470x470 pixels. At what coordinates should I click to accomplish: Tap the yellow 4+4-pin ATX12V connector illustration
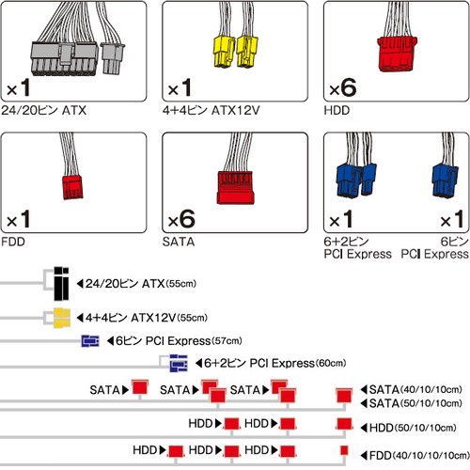(236, 52)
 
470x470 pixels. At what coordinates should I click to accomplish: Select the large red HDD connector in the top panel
(397, 55)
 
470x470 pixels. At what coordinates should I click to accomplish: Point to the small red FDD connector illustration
(72, 187)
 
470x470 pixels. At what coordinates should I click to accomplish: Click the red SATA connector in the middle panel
(235, 188)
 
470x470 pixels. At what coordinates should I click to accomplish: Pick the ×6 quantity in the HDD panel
(343, 87)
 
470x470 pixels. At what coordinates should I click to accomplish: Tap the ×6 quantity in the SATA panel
(181, 219)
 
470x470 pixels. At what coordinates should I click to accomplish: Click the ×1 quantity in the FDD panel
(19, 219)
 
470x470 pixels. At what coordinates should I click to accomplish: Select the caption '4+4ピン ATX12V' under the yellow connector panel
(211, 111)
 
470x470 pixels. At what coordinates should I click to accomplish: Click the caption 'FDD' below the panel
(13, 242)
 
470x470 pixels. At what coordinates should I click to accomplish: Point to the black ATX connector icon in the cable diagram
(61, 284)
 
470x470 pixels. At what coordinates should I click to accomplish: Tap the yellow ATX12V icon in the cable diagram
(61, 318)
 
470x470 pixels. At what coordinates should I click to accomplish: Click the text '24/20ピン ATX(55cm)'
(136, 284)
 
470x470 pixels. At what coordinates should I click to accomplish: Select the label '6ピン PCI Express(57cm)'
(175, 341)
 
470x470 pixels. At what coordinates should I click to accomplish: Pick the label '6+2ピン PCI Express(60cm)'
(271, 364)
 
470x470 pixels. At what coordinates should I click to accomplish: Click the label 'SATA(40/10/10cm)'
(412, 390)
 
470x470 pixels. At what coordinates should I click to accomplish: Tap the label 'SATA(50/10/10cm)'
(412, 403)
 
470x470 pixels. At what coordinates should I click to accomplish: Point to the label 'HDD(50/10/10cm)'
(408, 428)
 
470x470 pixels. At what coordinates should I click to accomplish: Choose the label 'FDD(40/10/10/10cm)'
(415, 455)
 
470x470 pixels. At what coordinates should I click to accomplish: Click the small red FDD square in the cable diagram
(344, 450)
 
